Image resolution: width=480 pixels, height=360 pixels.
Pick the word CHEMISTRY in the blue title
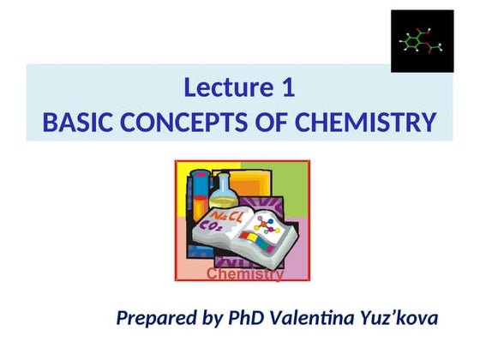tap(365, 123)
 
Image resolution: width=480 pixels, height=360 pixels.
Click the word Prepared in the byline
tap(155, 320)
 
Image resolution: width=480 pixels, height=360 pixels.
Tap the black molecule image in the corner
tap(422, 41)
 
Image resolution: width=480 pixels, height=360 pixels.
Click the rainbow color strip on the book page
tap(256, 241)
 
